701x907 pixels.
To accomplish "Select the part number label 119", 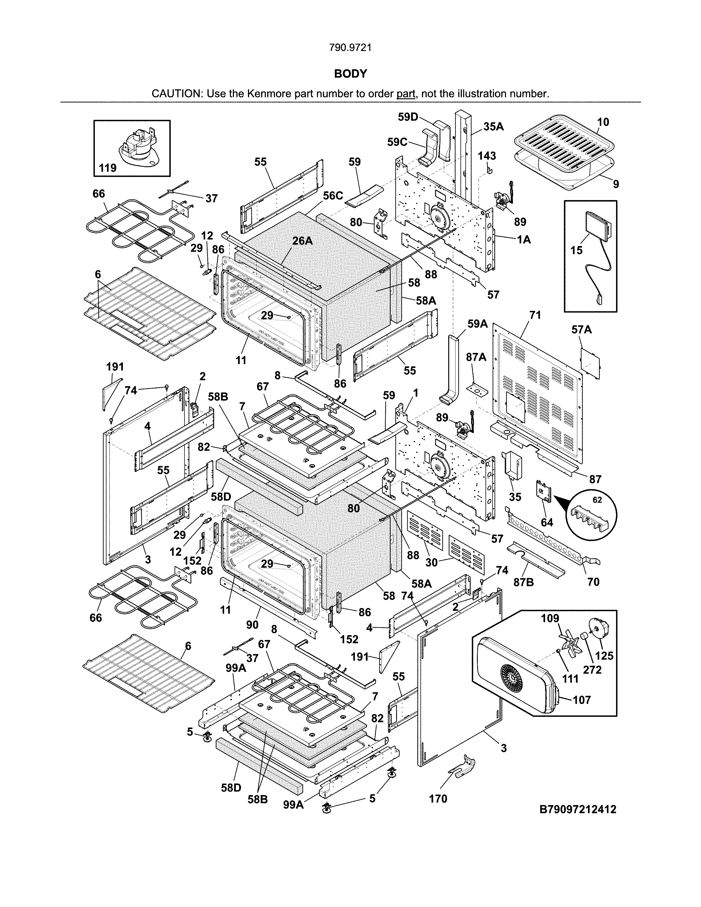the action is [x=107, y=168].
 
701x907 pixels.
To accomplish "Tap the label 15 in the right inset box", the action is [x=576, y=250].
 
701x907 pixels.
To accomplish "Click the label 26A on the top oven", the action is [x=302, y=240].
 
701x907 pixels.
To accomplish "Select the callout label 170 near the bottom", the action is [x=438, y=799].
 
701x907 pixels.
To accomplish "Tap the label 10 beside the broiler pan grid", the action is [x=603, y=122].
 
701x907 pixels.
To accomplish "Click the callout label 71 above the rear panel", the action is [x=535, y=315].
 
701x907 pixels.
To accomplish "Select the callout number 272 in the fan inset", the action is [x=592, y=670].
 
